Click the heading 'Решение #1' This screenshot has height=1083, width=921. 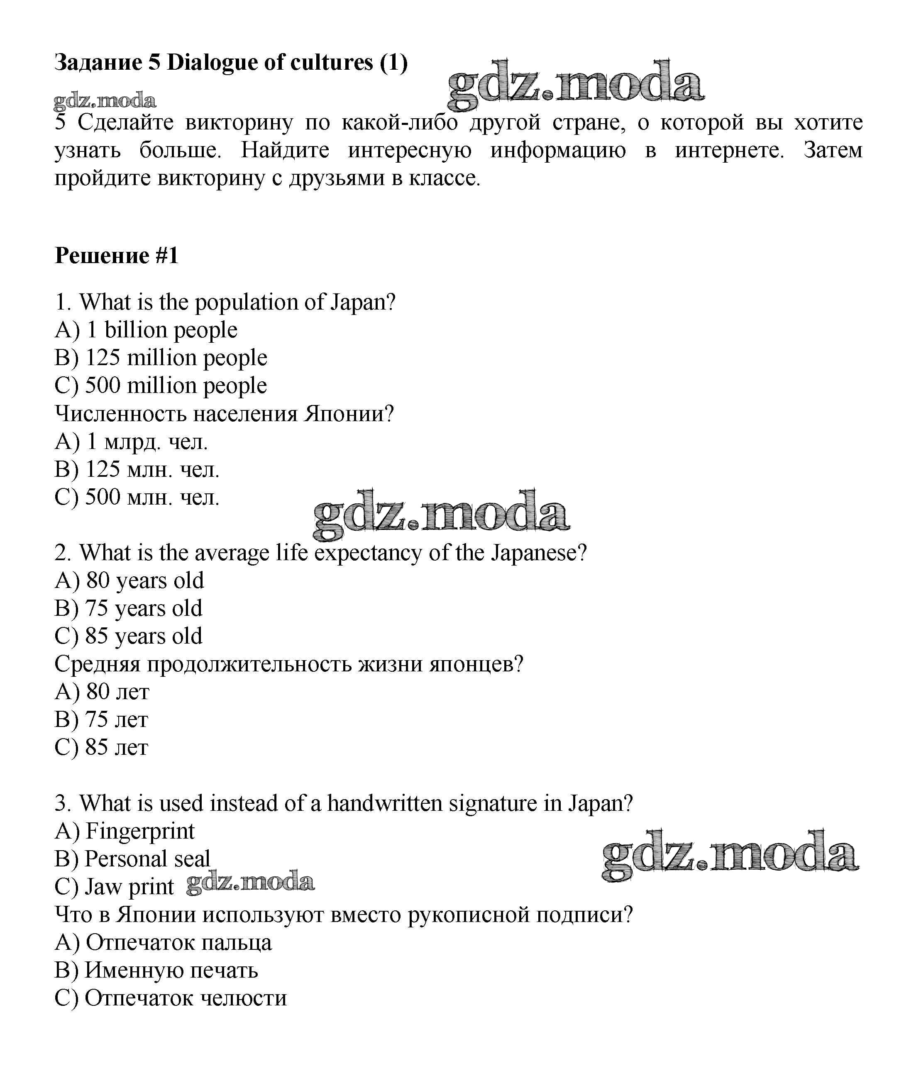tap(117, 256)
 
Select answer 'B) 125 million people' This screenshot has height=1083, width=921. tap(161, 358)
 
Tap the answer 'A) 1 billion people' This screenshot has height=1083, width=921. tap(146, 330)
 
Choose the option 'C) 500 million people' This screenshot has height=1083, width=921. tap(161, 386)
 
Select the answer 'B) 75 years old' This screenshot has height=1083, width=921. tap(128, 609)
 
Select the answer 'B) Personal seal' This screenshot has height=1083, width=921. tap(132, 859)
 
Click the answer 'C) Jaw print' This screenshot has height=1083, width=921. tap(114, 887)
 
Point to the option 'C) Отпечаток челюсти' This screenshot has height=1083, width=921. tap(171, 998)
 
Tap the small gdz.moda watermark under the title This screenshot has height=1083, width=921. tap(105, 101)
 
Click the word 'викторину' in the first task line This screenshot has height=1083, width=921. tap(239, 123)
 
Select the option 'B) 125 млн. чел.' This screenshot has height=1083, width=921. tap(137, 470)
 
